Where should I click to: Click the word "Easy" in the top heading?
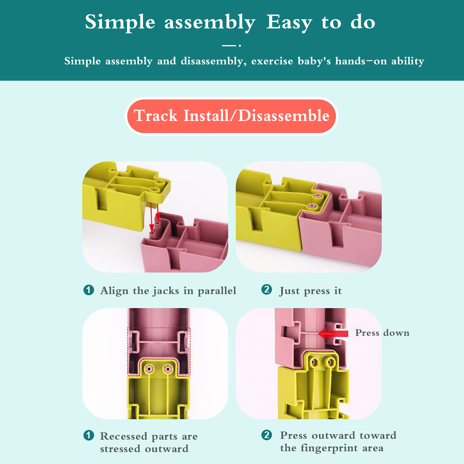pos(289,23)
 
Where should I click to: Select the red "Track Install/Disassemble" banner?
pos(232,116)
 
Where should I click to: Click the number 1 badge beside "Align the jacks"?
pos(89,290)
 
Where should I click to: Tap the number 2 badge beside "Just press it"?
pos(267,289)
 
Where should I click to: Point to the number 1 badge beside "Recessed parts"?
pos(89,435)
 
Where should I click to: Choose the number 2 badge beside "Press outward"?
pos(267,435)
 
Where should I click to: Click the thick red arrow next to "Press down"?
pos(333,333)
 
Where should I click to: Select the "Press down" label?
pos(382,333)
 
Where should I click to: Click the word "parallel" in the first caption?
pos(217,291)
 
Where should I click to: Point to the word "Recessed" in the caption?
pos(124,436)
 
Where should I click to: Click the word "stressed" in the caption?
pos(120,449)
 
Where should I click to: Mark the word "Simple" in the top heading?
pos(120,23)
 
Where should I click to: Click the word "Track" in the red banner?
pos(156,116)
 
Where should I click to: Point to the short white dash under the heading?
pos(229,46)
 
